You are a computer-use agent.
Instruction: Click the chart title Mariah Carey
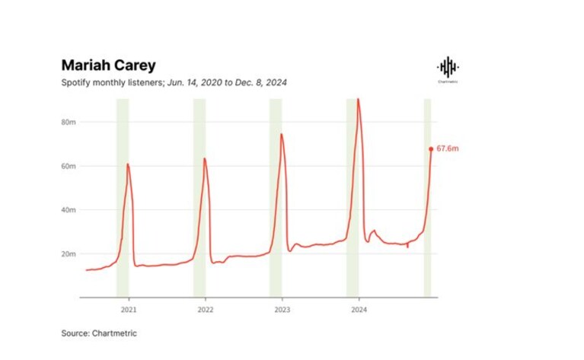[x=108, y=65]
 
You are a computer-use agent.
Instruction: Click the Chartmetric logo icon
[x=448, y=68]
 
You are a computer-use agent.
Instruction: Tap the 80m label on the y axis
[x=69, y=122]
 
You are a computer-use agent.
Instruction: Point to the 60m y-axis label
[x=69, y=166]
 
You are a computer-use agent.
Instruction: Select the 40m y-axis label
[x=69, y=210]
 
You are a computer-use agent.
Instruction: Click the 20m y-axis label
[x=69, y=254]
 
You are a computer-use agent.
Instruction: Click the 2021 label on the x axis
[x=129, y=310]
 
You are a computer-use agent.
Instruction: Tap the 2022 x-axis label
[x=206, y=310]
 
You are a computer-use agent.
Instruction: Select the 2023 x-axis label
[x=282, y=310]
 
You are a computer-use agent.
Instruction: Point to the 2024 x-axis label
[x=359, y=310]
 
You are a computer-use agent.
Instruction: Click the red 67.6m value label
[x=447, y=148]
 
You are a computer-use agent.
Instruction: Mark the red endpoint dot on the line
[x=431, y=149]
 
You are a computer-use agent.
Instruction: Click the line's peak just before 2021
[x=127, y=164]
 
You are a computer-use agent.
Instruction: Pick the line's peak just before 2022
[x=204, y=158]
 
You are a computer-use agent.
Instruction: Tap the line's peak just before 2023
[x=281, y=134]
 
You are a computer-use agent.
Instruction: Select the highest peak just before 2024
[x=358, y=99]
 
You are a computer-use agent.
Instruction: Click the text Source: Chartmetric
[x=99, y=333]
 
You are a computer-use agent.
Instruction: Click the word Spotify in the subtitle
[x=75, y=82]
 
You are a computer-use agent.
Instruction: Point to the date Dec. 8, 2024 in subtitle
[x=260, y=82]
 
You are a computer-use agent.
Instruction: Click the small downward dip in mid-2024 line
[x=407, y=246]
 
